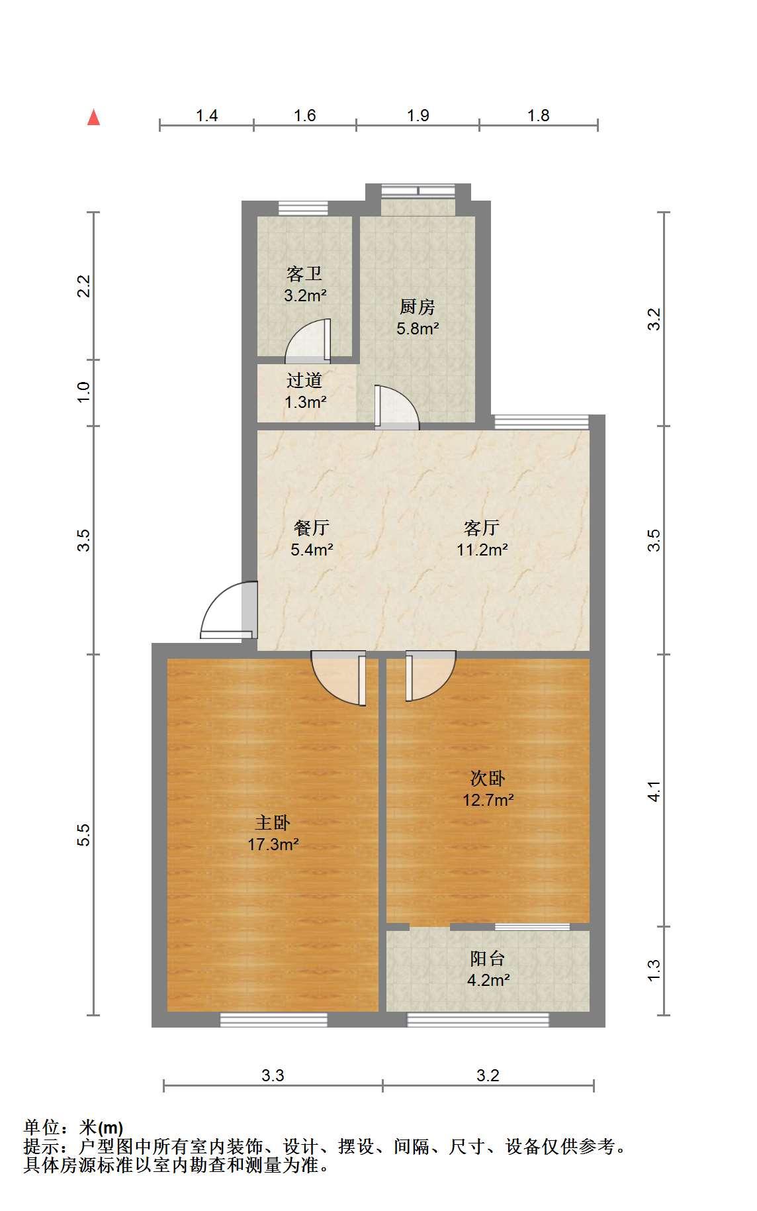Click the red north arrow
(94, 118)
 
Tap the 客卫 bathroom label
(304, 273)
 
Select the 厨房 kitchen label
(418, 307)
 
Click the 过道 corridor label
(304, 380)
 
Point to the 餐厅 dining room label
(312, 528)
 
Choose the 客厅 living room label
(482, 528)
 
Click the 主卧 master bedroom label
(273, 822)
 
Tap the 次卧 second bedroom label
(488, 778)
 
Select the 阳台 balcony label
(488, 958)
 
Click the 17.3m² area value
(273, 844)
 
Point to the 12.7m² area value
(488, 800)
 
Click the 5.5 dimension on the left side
(83, 835)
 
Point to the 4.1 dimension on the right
(654, 791)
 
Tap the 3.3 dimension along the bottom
(273, 1076)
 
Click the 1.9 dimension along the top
(418, 116)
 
